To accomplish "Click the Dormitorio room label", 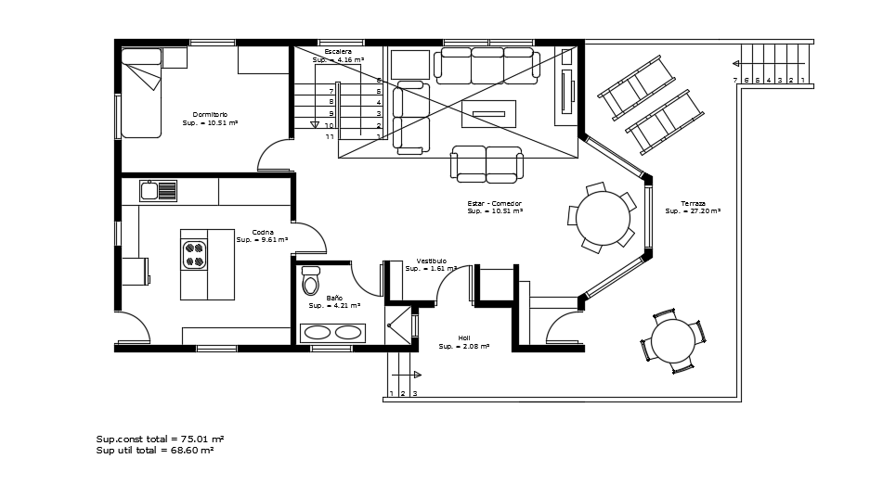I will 211,114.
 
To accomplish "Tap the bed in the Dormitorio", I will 142,93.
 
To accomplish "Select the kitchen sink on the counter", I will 158,191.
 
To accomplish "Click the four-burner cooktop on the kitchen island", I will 194,254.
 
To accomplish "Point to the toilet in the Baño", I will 311,281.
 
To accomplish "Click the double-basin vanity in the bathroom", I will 333,332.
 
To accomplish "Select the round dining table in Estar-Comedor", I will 603,218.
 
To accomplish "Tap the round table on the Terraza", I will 673,341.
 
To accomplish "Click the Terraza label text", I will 693,203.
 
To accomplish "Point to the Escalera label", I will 338,51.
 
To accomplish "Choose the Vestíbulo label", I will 431,261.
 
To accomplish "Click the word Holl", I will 463,338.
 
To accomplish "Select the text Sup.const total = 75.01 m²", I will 160,439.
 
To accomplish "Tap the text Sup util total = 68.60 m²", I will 155,450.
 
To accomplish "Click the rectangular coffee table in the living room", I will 489,114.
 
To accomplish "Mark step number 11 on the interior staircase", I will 330,137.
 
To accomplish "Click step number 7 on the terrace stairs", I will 735,81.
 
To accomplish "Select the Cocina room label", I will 262,233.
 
